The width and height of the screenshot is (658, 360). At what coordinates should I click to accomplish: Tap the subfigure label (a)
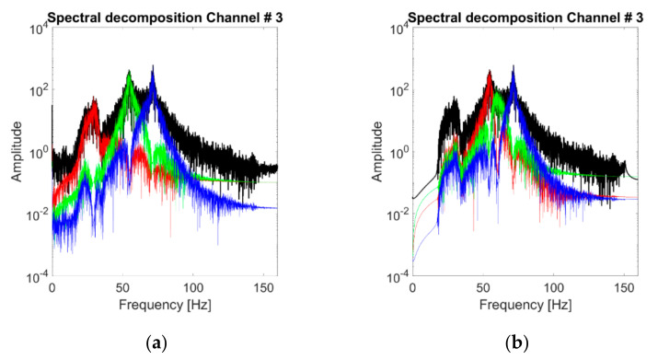coord(166,343)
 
